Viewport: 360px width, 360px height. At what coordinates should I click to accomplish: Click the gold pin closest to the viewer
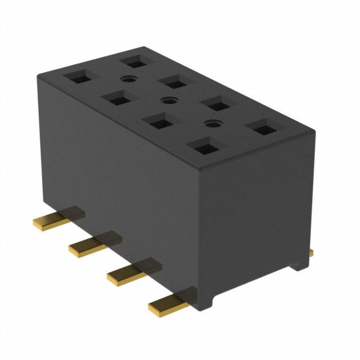[167, 304]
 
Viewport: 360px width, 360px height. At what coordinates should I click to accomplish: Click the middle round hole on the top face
[165, 101]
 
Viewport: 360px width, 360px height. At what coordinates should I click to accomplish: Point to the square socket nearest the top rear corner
[134, 60]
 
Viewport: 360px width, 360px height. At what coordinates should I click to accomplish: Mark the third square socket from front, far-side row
[173, 82]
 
